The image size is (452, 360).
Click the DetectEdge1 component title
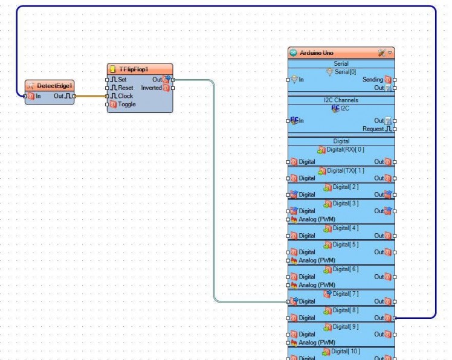[54, 86]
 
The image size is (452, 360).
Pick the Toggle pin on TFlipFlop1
[126, 104]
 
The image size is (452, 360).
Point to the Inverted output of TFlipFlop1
[151, 88]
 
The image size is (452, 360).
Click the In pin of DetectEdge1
[37, 95]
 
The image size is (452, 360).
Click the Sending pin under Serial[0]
[373, 80]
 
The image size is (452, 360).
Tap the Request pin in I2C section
[372, 129]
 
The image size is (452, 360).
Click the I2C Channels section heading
[341, 100]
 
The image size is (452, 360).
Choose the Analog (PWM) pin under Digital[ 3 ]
[317, 219]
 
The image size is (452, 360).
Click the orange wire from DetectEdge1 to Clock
[91, 95]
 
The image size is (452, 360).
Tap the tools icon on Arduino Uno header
[381, 53]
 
